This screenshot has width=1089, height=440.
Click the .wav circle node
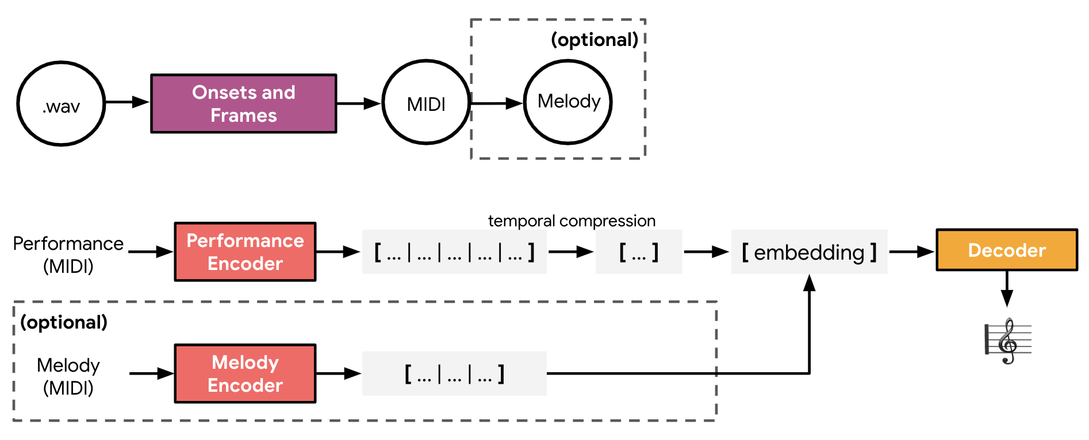click(x=61, y=104)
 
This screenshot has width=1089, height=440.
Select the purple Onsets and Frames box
click(x=244, y=103)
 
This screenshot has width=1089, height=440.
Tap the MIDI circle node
click(x=426, y=103)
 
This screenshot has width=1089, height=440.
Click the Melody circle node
click(x=568, y=102)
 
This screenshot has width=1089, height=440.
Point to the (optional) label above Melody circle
click(x=595, y=40)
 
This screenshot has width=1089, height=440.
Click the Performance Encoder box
click(x=246, y=252)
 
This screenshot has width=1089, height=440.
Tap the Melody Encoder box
click(x=246, y=373)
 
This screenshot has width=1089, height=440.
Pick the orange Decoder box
click(x=1007, y=250)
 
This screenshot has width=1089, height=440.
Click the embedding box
click(x=809, y=252)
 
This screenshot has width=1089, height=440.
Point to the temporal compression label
click(x=572, y=221)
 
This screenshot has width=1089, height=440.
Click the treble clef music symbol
click(x=1008, y=341)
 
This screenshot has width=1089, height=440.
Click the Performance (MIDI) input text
click(x=68, y=254)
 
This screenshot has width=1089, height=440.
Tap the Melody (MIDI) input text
click(x=68, y=376)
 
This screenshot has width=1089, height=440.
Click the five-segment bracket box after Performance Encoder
click(x=454, y=252)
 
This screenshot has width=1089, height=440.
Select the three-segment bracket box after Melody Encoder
click(x=454, y=373)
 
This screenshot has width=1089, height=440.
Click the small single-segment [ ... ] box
click(x=639, y=252)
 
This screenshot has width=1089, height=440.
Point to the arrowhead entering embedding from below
click(x=810, y=283)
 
